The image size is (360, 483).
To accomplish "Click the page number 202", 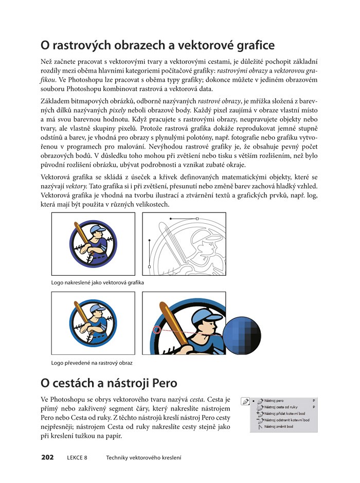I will (47, 457).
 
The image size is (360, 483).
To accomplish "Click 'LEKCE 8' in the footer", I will (77, 457).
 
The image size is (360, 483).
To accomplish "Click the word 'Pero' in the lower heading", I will (164, 383).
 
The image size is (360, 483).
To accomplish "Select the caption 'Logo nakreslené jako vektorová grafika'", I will (97, 283).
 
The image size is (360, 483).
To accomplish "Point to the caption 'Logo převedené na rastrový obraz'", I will (92, 363).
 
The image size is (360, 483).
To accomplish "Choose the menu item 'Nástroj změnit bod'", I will (278, 426).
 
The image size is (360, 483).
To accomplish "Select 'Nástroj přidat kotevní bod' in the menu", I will (285, 413).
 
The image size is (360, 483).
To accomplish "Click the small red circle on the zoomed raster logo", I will (157, 331).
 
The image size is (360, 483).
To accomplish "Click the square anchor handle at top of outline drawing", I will (197, 219).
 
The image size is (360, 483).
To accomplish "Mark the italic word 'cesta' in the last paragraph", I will (196, 399).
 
